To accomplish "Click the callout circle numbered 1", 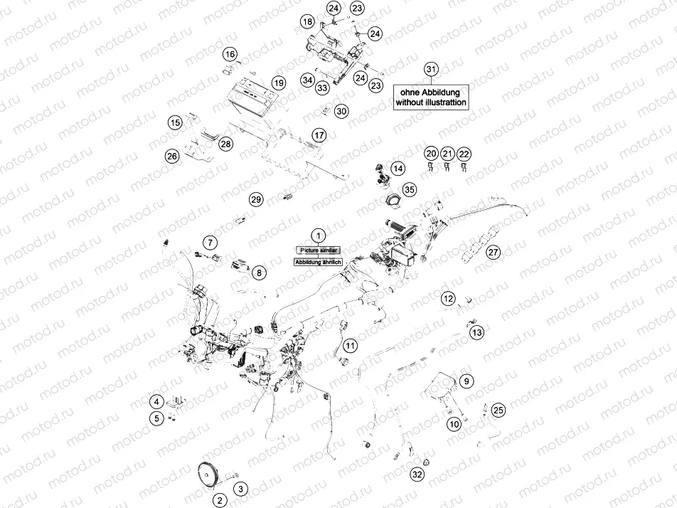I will (319, 234).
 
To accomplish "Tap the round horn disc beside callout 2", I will (208, 474).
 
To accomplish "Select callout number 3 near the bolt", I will (242, 489).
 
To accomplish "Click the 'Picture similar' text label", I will (319, 250).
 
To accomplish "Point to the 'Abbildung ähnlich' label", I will (319, 262).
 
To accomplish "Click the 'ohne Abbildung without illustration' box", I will (431, 97).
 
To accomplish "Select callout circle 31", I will (430, 69).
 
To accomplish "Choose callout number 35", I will (409, 189).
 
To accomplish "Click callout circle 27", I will (493, 252).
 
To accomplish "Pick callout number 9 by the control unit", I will (466, 381).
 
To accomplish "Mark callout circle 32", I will (417, 475).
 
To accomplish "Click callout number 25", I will (499, 410).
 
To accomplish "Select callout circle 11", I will (350, 346).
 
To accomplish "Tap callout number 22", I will (464, 154).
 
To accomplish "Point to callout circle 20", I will (430, 154).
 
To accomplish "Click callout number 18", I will (306, 22).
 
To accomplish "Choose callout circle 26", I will (171, 156).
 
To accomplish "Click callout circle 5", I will (156, 419).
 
